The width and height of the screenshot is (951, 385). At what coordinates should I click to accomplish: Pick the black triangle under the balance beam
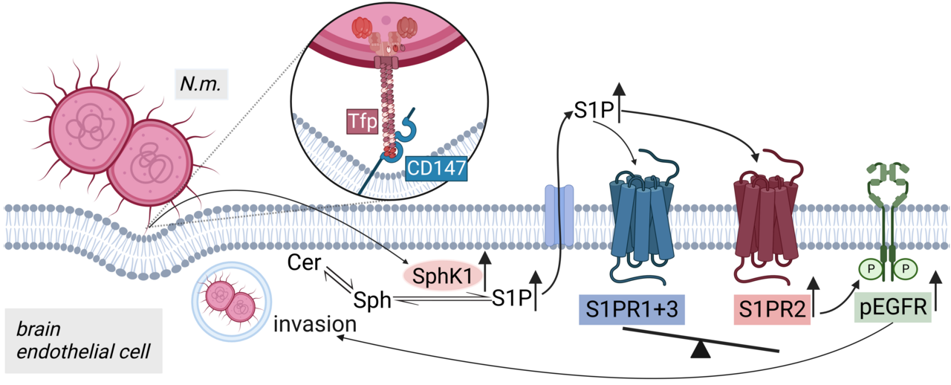700,349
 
